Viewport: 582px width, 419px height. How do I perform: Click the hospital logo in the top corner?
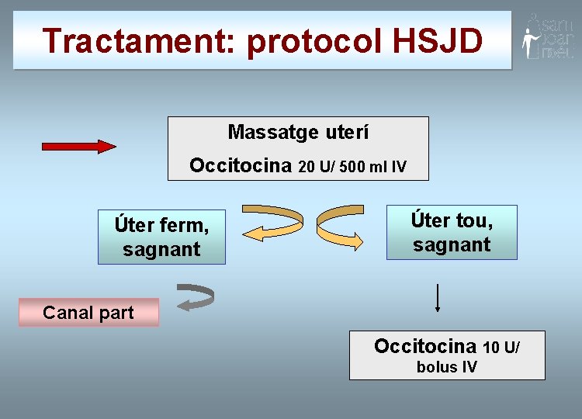547,36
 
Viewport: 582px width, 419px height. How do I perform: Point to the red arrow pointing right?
78,146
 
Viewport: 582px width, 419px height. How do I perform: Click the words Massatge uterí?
298,133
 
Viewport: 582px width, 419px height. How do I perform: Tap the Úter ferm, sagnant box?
161,237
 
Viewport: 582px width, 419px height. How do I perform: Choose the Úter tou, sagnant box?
452,232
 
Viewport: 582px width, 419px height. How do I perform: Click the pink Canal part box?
88,313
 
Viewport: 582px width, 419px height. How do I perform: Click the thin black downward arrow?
438,298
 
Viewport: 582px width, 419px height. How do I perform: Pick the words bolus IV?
447,367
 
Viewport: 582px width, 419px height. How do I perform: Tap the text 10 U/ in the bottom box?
501,347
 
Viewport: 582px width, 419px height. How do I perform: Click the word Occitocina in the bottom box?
425,346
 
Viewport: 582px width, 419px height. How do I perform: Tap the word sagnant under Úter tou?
452,245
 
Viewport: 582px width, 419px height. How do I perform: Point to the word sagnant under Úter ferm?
161,250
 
